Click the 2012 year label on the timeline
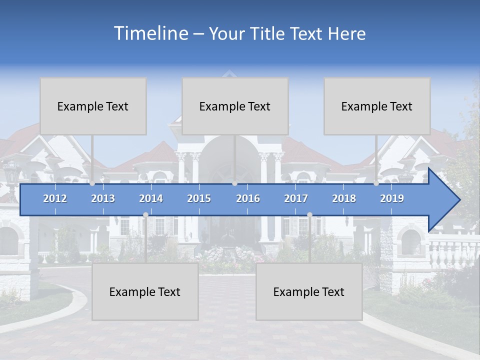[55, 198]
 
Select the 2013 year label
[103, 198]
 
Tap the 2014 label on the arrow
[151, 198]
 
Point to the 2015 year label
[199, 198]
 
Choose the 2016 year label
[248, 198]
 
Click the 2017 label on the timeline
[296, 198]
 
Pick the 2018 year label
[344, 198]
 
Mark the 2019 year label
[392, 198]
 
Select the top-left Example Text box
[93, 106]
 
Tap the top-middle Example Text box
[235, 106]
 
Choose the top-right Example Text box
[377, 106]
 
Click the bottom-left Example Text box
[145, 291]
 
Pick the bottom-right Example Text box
[309, 291]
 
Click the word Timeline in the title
[149, 33]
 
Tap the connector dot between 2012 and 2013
[92, 183]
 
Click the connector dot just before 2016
[234, 183]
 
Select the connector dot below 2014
[145, 215]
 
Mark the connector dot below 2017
[309, 215]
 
